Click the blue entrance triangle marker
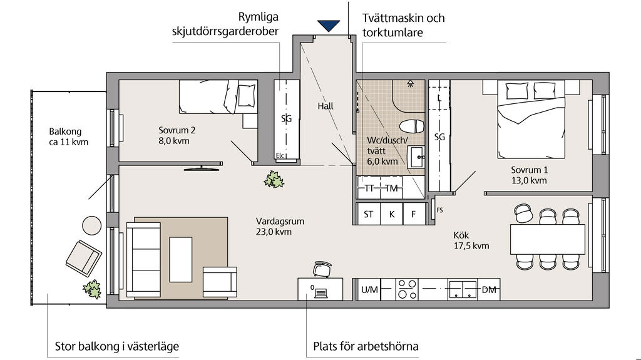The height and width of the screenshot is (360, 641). click(327, 26)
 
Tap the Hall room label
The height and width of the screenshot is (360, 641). click(326, 106)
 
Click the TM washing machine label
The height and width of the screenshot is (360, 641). click(391, 188)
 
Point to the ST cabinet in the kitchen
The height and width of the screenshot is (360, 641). click(368, 214)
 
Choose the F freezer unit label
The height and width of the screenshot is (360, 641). click(413, 214)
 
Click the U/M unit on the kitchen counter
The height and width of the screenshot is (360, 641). click(369, 290)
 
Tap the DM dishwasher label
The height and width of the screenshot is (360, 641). click(489, 290)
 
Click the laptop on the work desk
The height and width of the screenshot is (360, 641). click(320, 291)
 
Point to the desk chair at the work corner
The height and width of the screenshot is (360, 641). click(320, 269)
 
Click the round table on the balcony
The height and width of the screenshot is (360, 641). click(92, 225)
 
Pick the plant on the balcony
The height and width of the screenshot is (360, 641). click(92, 289)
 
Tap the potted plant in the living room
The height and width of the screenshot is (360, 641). click(274, 180)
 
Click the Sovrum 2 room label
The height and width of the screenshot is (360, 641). click(177, 130)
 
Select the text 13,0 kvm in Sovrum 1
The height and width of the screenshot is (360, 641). click(529, 180)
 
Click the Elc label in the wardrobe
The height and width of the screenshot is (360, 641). click(280, 156)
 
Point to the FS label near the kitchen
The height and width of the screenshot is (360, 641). click(439, 210)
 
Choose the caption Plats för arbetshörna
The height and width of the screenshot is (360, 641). click(366, 346)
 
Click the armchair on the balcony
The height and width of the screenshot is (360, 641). click(83, 257)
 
